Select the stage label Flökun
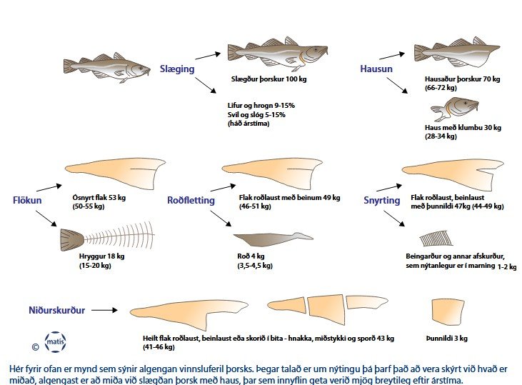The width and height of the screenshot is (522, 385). (x=27, y=200)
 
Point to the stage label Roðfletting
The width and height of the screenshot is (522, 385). (x=191, y=201)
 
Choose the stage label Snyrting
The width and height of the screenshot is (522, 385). (x=381, y=201)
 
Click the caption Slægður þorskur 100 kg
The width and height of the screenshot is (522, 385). (x=264, y=79)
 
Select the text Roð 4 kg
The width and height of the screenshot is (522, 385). (x=252, y=256)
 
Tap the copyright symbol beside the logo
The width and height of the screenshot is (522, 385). (x=35, y=347)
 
